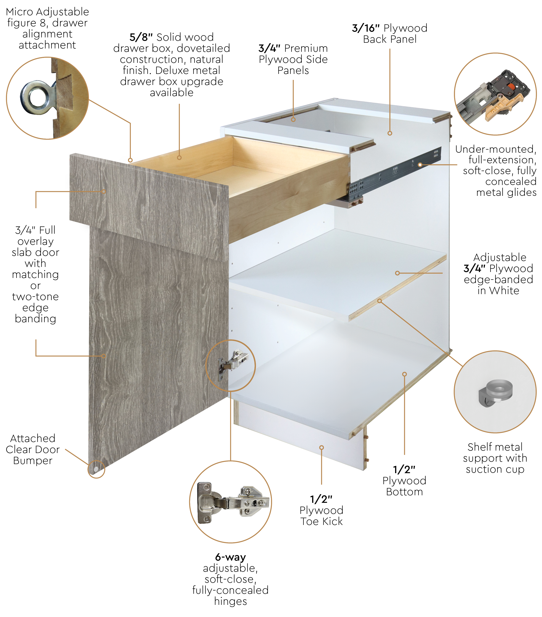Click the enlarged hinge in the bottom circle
pyautogui.click(x=232, y=503)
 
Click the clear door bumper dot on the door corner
pyautogui.click(x=96, y=469)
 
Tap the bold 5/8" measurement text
pyautogui.click(x=141, y=37)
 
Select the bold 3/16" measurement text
pyautogui.click(x=366, y=28)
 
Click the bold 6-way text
pyautogui.click(x=231, y=557)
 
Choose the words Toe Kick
pyautogui.click(x=321, y=521)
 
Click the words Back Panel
pyautogui.click(x=390, y=39)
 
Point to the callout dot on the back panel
pyautogui.click(x=390, y=133)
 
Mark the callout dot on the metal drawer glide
pyautogui.click(x=420, y=165)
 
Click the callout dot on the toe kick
pyautogui.click(x=322, y=448)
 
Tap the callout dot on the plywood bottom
pyautogui.click(x=405, y=374)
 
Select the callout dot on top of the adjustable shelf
pyautogui.click(x=398, y=273)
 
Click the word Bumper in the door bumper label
pyautogui.click(x=33, y=461)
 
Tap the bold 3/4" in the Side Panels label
pyautogui.click(x=269, y=48)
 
